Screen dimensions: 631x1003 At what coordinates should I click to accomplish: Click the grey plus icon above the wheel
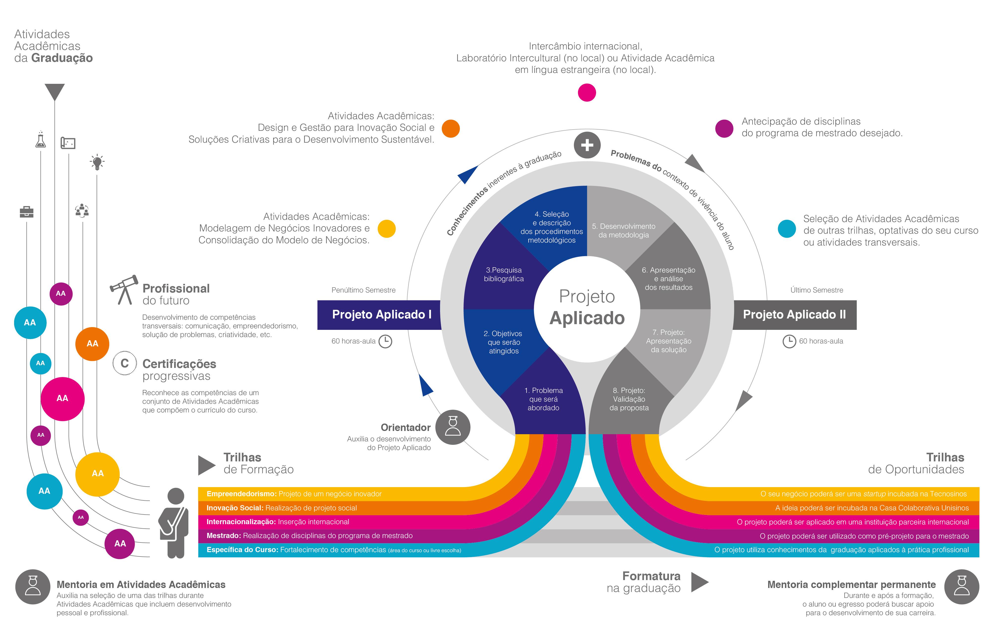point(587,145)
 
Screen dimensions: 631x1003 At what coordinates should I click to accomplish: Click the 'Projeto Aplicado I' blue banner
point(381,315)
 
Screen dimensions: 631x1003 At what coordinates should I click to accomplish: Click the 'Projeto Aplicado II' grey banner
point(794,315)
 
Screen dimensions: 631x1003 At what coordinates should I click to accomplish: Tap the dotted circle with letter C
point(125,363)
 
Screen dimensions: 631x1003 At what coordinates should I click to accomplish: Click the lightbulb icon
point(97,162)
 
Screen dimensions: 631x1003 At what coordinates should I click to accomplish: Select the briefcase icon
point(27,212)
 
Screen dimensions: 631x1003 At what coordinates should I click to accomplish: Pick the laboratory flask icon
point(40,140)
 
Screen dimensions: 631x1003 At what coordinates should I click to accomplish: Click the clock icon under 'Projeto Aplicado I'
point(385,341)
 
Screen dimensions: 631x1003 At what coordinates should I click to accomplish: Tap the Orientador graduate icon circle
point(453,427)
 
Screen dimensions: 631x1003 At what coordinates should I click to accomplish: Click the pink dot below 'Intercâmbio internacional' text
point(587,92)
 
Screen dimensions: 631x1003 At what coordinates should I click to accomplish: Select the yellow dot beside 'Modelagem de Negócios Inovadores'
point(386,229)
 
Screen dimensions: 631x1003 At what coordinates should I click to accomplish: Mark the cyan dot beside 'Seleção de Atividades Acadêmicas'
point(787,229)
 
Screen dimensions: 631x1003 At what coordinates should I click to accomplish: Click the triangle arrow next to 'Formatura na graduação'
point(699,582)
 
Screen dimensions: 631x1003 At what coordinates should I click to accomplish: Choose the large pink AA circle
point(63,399)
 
